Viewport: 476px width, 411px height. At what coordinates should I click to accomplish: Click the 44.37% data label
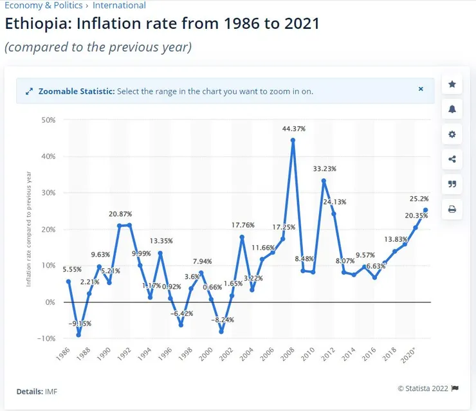293,129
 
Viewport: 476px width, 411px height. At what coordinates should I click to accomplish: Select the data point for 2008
293,140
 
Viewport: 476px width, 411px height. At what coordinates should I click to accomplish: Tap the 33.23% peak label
324,169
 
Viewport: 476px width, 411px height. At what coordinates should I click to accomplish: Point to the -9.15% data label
80,324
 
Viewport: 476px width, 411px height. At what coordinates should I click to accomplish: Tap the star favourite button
452,84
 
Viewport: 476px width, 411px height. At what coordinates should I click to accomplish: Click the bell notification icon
452,109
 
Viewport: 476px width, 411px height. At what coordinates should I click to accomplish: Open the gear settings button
452,134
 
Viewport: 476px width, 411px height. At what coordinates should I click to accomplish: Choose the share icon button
452,160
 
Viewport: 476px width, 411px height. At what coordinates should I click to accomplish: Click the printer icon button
452,209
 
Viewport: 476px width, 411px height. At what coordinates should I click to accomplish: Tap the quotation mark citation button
452,184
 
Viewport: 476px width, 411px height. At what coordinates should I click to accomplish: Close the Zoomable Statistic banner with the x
421,89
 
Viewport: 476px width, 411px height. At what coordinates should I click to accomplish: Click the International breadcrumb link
119,5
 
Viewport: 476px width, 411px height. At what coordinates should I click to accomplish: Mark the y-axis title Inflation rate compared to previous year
29,228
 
